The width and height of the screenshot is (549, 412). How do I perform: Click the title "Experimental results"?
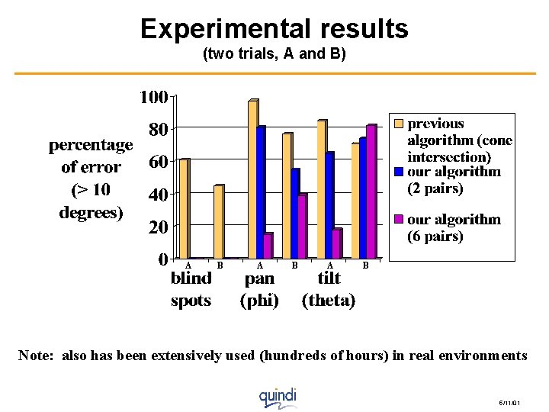(274, 29)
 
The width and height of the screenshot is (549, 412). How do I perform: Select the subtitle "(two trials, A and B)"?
(274, 55)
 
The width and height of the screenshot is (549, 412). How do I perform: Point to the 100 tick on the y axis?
(153, 98)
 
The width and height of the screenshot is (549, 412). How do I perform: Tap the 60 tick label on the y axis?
(158, 163)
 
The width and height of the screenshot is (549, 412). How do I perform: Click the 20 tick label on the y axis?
(158, 227)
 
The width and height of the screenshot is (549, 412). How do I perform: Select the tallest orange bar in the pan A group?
(252, 179)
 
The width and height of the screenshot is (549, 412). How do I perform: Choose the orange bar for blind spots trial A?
(184, 209)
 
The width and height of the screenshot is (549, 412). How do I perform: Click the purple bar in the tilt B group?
(371, 192)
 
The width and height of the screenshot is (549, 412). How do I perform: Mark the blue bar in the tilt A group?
(329, 205)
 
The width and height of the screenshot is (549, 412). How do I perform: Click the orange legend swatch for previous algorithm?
(398, 124)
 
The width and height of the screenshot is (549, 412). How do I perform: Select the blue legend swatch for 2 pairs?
(398, 172)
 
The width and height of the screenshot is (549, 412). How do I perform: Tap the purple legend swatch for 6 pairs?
(398, 220)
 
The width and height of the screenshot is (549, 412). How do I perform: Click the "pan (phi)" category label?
(259, 289)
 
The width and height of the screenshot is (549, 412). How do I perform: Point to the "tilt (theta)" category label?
(329, 289)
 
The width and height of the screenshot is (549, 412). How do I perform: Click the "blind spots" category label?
(191, 289)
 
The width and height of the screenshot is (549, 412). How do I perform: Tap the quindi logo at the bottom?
(277, 397)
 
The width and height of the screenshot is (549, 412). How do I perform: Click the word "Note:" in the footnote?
(37, 356)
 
